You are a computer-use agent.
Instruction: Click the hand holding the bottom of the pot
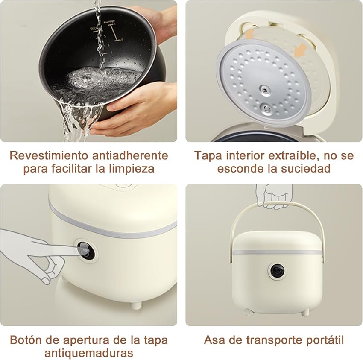tap(137, 107)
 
